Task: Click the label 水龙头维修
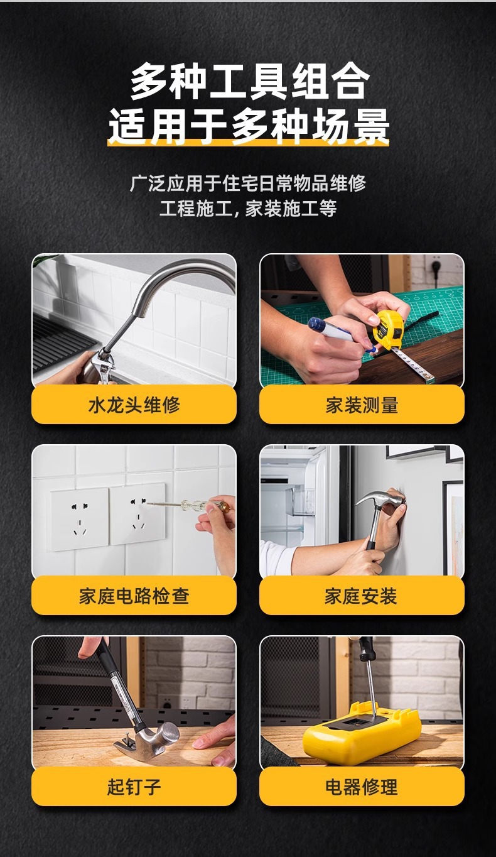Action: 134,405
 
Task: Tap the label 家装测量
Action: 362,405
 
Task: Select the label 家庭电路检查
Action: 134,596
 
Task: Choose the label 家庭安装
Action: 362,596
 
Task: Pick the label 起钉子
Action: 134,787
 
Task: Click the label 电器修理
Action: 362,787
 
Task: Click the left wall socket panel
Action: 79,519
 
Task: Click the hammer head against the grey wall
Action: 377,499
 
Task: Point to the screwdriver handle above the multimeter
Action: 366,650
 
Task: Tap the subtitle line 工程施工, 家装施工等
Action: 248,209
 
